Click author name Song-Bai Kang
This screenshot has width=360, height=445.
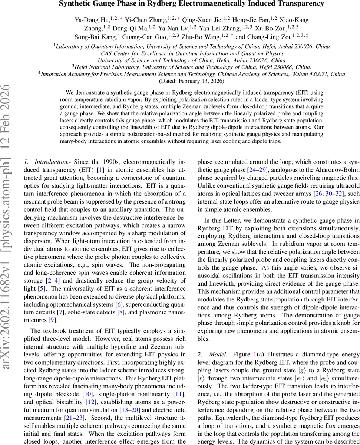pyautogui.click(x=101, y=37)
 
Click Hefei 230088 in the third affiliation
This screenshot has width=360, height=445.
pyautogui.click(x=271, y=67)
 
